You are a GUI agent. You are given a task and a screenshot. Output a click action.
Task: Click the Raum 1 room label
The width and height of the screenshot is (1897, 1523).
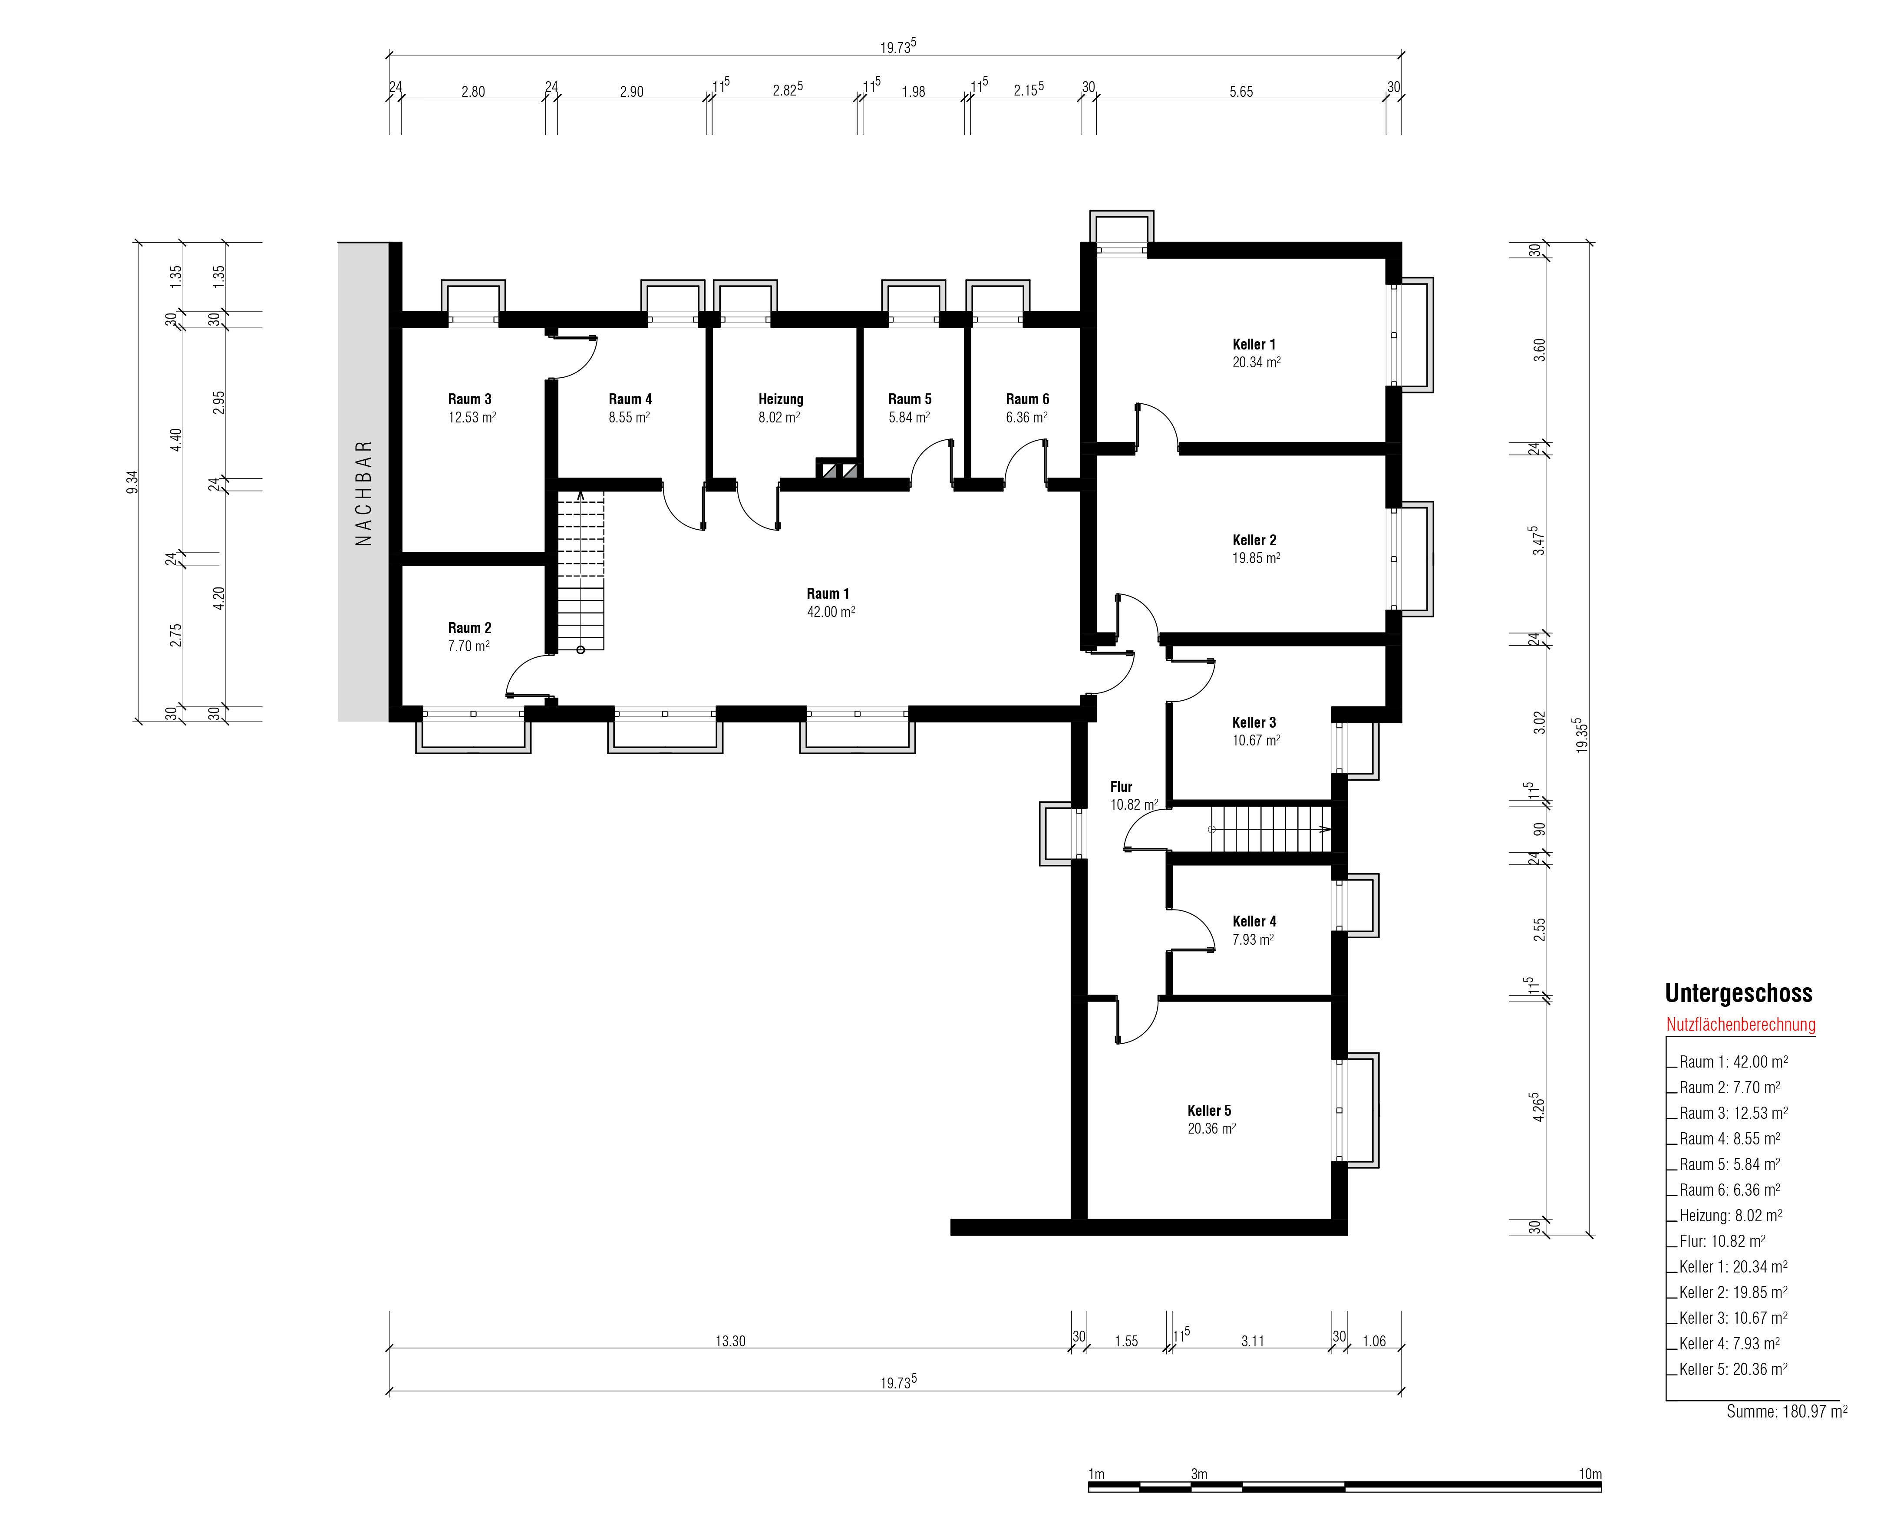click(x=828, y=594)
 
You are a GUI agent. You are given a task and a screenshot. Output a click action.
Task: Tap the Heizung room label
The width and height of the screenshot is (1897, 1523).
click(x=780, y=399)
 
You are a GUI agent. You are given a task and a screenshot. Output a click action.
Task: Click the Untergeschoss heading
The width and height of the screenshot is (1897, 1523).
click(x=1739, y=993)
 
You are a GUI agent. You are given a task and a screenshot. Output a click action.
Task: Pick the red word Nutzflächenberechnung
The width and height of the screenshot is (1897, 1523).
click(x=1740, y=1025)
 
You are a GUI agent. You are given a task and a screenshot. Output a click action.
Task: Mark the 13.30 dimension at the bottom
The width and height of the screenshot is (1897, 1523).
click(x=730, y=1342)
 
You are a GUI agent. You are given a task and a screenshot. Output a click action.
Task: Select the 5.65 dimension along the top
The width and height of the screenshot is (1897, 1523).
click(x=1240, y=92)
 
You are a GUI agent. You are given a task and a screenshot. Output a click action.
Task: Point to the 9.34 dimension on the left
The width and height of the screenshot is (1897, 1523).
click(x=132, y=482)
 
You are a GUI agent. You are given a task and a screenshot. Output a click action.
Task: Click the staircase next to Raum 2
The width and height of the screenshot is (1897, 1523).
click(x=581, y=572)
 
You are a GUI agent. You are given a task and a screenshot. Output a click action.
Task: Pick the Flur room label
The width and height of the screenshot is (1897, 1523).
click(x=1121, y=788)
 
